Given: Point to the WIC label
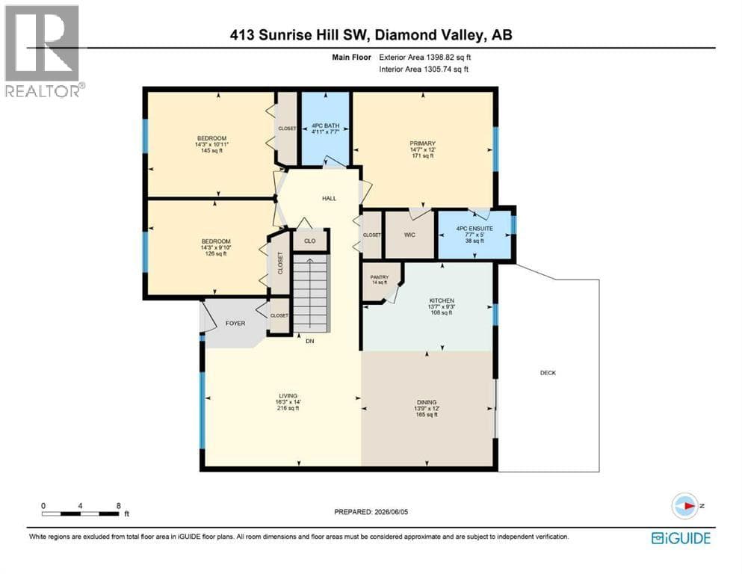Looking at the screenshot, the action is pyautogui.click(x=409, y=235).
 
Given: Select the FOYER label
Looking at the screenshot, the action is pyautogui.click(x=235, y=323).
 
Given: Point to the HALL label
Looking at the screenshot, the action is pyautogui.click(x=330, y=198).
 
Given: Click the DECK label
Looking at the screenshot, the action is pyautogui.click(x=548, y=373).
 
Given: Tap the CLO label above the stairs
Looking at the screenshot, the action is pyautogui.click(x=310, y=241).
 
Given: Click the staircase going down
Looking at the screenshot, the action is pyautogui.click(x=310, y=294).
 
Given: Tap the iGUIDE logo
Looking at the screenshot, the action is pyautogui.click(x=681, y=538).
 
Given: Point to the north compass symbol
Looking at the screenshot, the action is pyautogui.click(x=685, y=506).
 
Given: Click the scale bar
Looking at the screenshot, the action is pyautogui.click(x=81, y=513).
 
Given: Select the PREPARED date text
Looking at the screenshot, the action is pyautogui.click(x=371, y=511).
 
